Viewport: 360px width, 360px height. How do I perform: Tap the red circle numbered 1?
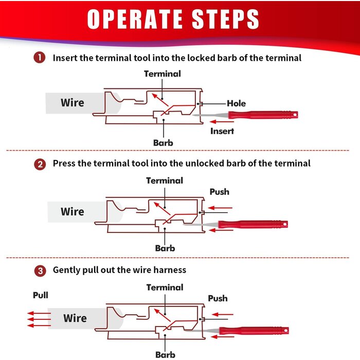pyautogui.click(x=40, y=58)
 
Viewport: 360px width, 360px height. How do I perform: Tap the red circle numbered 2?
pyautogui.click(x=40, y=164)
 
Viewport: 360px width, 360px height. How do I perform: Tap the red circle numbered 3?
pyautogui.click(x=40, y=270)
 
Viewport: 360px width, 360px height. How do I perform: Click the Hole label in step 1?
pyautogui.click(x=236, y=103)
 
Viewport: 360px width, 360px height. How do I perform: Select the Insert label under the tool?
pyautogui.click(x=222, y=131)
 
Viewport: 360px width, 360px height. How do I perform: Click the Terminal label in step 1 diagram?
pyautogui.click(x=162, y=74)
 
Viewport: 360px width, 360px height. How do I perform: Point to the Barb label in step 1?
pyautogui.click(x=163, y=142)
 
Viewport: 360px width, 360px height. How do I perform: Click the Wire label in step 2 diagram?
pyautogui.click(x=72, y=211)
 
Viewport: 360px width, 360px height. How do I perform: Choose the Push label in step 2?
pyautogui.click(x=219, y=192)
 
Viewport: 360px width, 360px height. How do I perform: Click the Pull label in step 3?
pyautogui.click(x=41, y=295)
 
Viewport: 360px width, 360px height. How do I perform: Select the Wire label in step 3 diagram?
pyautogui.click(x=75, y=318)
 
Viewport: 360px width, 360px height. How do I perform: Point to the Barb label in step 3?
pyautogui.click(x=165, y=354)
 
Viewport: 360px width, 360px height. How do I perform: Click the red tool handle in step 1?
pyautogui.click(x=273, y=115)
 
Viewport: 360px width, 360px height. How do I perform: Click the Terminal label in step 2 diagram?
pyautogui.click(x=165, y=181)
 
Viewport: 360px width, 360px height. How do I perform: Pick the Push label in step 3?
pyautogui.click(x=218, y=298)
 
